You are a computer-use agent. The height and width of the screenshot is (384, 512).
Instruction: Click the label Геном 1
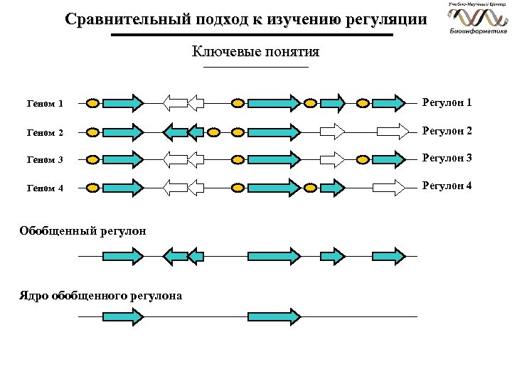(x=45, y=104)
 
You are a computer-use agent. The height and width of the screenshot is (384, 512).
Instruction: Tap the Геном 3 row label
(x=45, y=160)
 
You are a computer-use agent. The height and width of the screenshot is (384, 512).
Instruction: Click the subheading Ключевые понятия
(x=255, y=52)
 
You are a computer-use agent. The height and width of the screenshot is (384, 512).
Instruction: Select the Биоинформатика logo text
(x=478, y=31)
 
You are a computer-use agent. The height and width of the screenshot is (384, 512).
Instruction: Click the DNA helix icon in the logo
(x=478, y=17)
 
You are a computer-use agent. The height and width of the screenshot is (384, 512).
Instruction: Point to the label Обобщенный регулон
(x=83, y=230)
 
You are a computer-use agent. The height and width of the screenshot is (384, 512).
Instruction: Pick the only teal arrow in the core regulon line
(x=274, y=316)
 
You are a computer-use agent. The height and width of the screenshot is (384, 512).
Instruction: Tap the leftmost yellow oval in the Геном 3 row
(x=92, y=160)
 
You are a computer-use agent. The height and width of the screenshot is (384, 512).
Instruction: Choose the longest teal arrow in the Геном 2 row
(x=274, y=132)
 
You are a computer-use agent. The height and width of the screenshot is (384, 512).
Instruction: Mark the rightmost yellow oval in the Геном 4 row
(x=309, y=188)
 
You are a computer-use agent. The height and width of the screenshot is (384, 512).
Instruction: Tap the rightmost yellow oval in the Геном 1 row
(x=363, y=104)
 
